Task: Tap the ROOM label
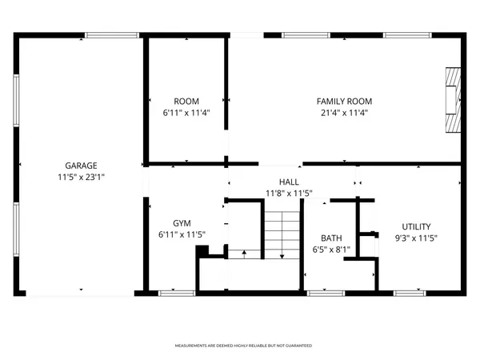pos(186,101)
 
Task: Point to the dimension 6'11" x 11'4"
pos(186,113)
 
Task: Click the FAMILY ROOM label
pos(344,101)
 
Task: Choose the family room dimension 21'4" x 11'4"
pos(344,113)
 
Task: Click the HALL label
pos(289,182)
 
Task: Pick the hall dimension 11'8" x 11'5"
pos(289,193)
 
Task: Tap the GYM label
pos(182,223)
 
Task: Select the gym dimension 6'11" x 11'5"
pos(182,235)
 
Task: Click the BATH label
pos(331,238)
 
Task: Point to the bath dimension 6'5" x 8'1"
pos(331,250)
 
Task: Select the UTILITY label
pos(415,226)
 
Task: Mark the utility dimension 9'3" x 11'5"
pos(415,238)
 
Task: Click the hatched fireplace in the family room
pos(454,99)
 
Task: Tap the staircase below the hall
pos(282,236)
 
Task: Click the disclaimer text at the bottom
pos(243,346)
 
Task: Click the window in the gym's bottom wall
pos(172,293)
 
